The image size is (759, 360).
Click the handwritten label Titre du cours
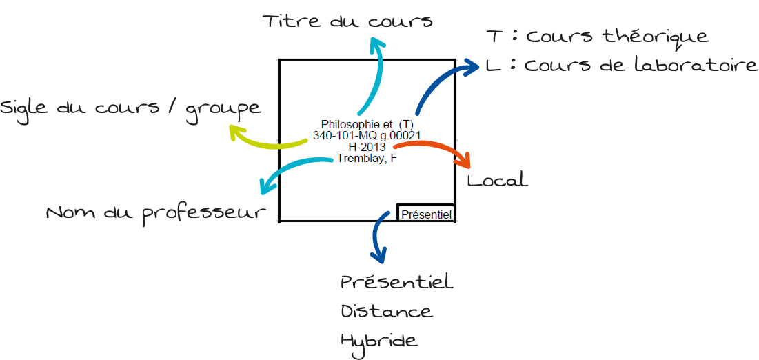347,21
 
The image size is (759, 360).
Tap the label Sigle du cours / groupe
131,109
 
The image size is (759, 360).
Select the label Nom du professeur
157,213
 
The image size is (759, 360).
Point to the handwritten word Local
497,180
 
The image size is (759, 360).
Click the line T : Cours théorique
598,37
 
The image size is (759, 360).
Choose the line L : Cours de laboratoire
622,66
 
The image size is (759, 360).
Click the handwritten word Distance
387,310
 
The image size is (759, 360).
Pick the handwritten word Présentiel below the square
397,281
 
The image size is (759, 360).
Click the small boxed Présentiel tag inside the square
426,213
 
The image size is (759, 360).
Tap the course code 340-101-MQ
340,135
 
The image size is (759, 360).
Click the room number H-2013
367,146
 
